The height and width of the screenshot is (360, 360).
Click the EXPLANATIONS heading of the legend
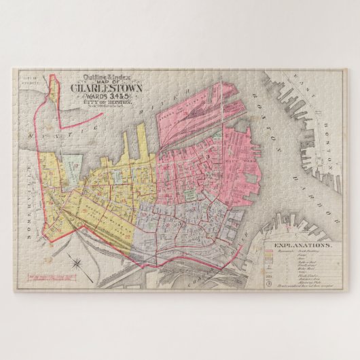point(302,244)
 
